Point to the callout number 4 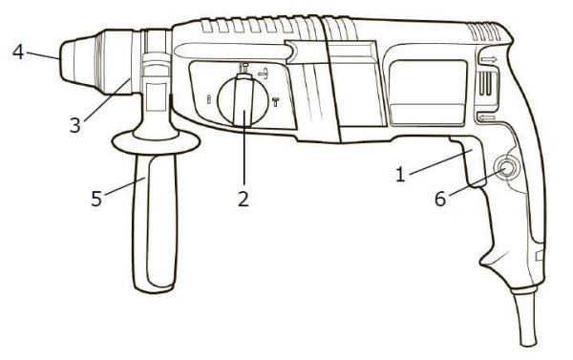tap(18, 51)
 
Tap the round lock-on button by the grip tap(505, 170)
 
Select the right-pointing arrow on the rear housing tap(489, 59)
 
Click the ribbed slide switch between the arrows tap(487, 87)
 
